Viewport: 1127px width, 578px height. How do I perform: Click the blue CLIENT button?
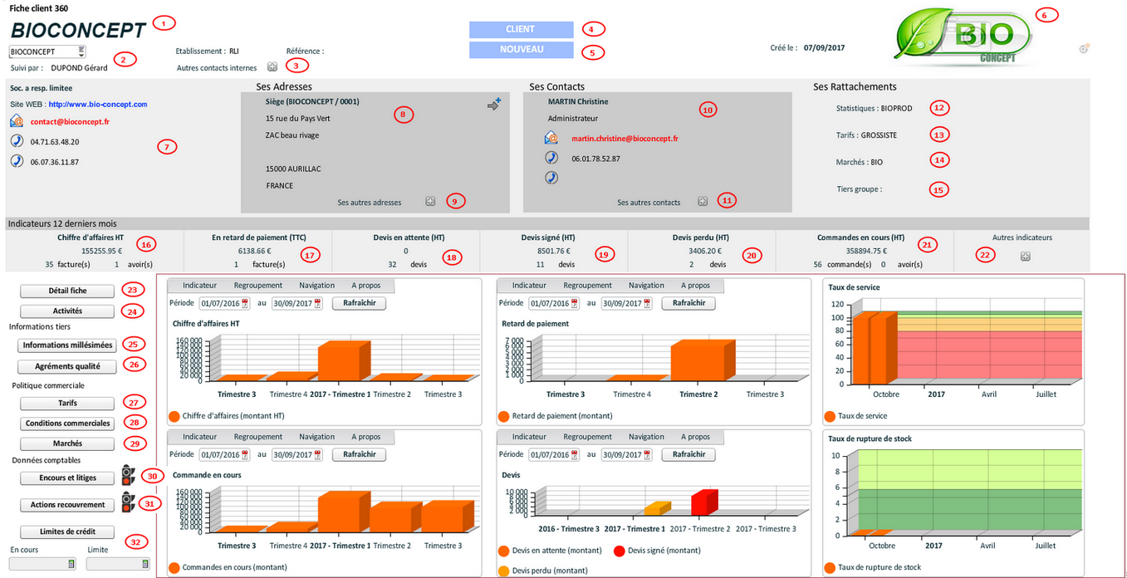click(521, 29)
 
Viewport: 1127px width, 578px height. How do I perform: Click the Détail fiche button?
click(66, 291)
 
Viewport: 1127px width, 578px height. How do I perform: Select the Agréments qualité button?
click(67, 366)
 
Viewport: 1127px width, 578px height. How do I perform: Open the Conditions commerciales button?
click(67, 424)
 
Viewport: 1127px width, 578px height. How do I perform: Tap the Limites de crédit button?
click(67, 531)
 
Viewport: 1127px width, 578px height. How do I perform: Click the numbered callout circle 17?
click(310, 255)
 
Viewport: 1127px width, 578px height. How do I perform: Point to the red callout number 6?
click(1048, 15)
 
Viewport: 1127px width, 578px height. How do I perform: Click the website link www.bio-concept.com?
click(98, 105)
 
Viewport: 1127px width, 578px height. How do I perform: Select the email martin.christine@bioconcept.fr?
click(625, 139)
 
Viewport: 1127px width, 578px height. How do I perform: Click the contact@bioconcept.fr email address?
click(70, 122)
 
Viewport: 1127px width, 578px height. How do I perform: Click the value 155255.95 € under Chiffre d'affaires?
click(102, 250)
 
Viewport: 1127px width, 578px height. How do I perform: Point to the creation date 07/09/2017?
click(824, 48)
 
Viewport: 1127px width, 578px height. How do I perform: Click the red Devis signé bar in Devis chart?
click(703, 503)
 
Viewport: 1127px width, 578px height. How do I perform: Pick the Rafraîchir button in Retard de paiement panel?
click(688, 303)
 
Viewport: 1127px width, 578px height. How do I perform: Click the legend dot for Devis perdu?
click(503, 571)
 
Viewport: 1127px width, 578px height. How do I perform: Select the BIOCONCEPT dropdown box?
click(47, 52)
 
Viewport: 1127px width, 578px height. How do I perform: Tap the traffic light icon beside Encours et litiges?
click(127, 475)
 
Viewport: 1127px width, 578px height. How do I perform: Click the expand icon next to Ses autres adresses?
click(430, 201)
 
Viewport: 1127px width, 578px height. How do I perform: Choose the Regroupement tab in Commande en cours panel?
click(257, 437)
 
